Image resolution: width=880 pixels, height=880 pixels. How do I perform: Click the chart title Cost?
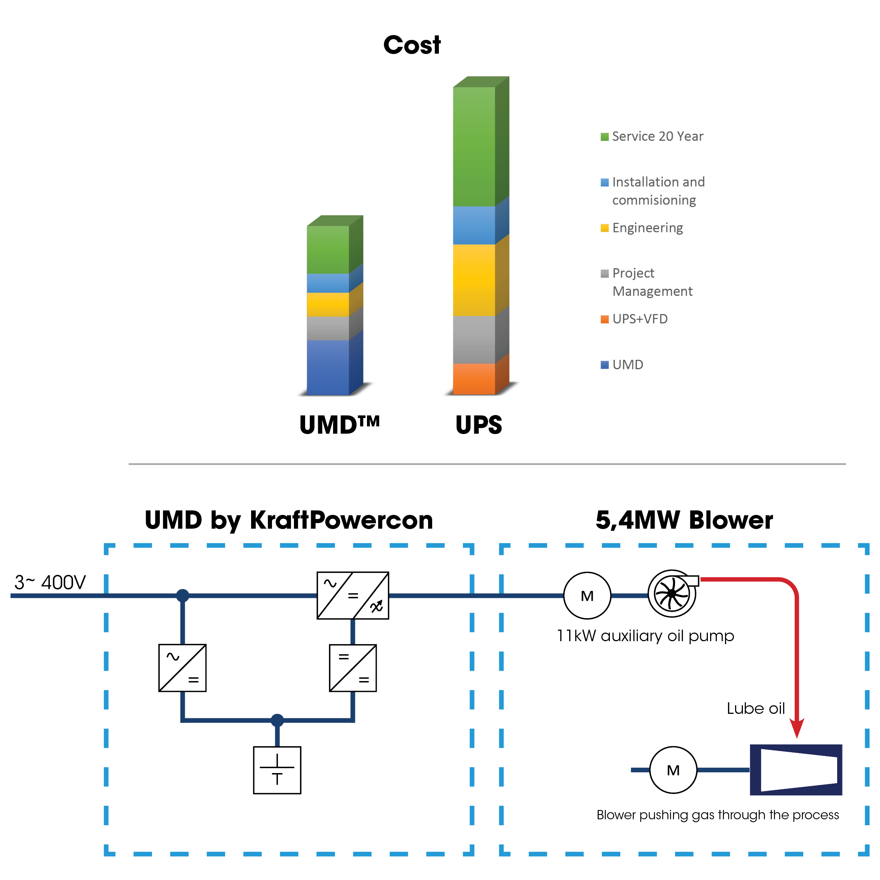point(412,45)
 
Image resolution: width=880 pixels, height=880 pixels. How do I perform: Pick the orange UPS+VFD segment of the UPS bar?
point(474,379)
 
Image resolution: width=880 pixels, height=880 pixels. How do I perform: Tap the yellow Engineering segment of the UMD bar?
point(327,304)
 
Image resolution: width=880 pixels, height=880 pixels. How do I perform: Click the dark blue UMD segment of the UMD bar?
point(327,367)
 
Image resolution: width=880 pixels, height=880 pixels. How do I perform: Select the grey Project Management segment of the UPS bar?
point(474,339)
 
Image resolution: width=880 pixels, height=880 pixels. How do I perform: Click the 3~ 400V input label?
point(50,582)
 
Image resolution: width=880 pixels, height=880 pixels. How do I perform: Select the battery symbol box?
point(277,770)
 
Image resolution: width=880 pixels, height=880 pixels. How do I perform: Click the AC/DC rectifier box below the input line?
point(182,668)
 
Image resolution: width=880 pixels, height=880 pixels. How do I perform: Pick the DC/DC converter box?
point(352,668)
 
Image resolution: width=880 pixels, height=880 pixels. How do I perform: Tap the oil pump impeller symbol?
point(672,594)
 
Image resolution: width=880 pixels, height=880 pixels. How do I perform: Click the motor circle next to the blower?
point(673,770)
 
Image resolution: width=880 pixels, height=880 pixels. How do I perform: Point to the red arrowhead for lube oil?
point(797,727)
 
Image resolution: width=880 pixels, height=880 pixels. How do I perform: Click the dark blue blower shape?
point(796,770)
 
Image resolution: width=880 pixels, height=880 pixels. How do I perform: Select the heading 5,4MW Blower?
point(684,520)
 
